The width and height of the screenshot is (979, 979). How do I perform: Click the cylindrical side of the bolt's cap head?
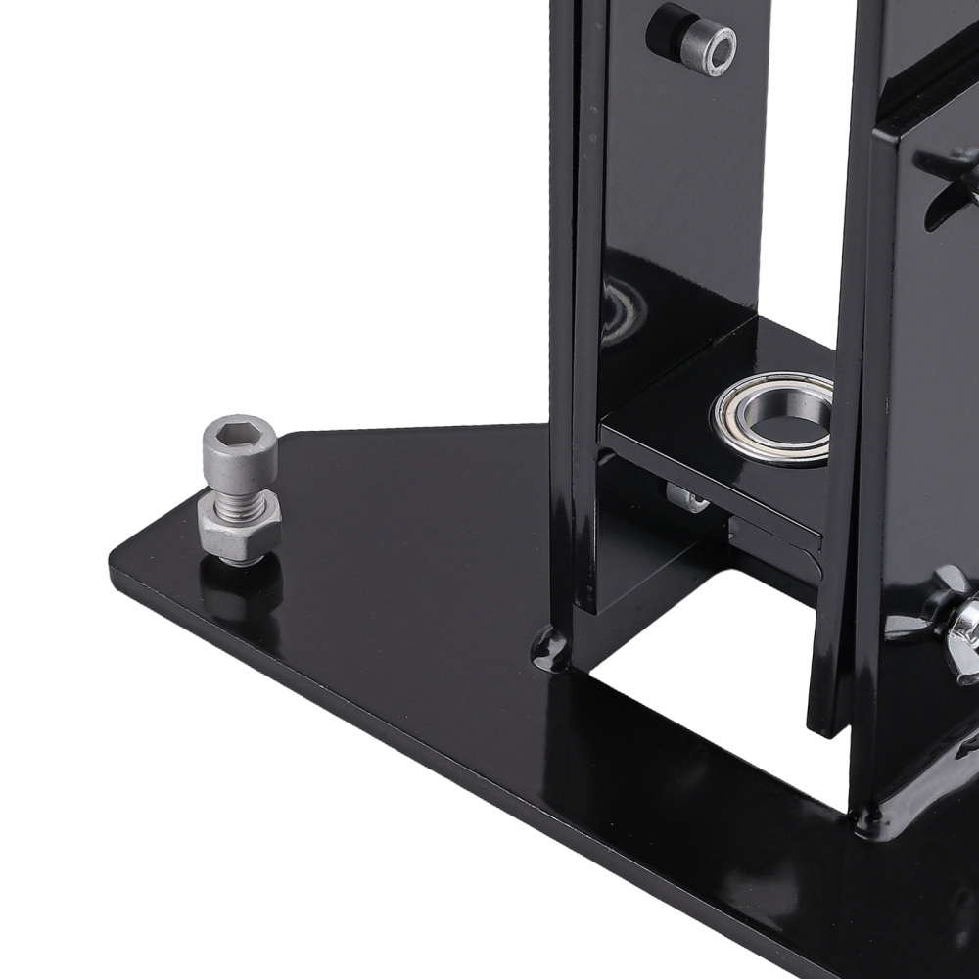239,460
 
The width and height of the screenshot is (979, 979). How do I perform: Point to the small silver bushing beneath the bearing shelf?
691,498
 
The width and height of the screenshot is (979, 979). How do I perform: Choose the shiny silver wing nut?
963,627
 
